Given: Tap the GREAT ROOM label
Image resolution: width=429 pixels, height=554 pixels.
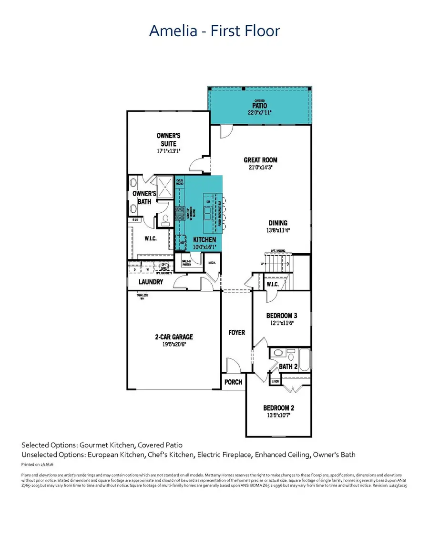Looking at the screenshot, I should tap(260, 160).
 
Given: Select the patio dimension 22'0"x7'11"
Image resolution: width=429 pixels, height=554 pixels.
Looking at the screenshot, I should tap(260, 113).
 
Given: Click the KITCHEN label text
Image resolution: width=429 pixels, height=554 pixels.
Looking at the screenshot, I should tap(204, 240).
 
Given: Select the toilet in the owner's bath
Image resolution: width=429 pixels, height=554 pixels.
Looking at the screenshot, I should tap(164, 220).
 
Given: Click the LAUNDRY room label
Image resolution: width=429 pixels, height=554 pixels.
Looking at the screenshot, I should tap(151, 282).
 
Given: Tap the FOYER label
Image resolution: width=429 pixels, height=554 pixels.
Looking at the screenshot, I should tap(237, 332).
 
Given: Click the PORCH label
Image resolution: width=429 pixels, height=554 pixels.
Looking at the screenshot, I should tap(233, 382).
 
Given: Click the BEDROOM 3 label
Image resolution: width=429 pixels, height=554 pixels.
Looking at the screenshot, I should tap(281, 316).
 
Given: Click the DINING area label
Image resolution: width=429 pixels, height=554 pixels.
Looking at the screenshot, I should tap(277, 223).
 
